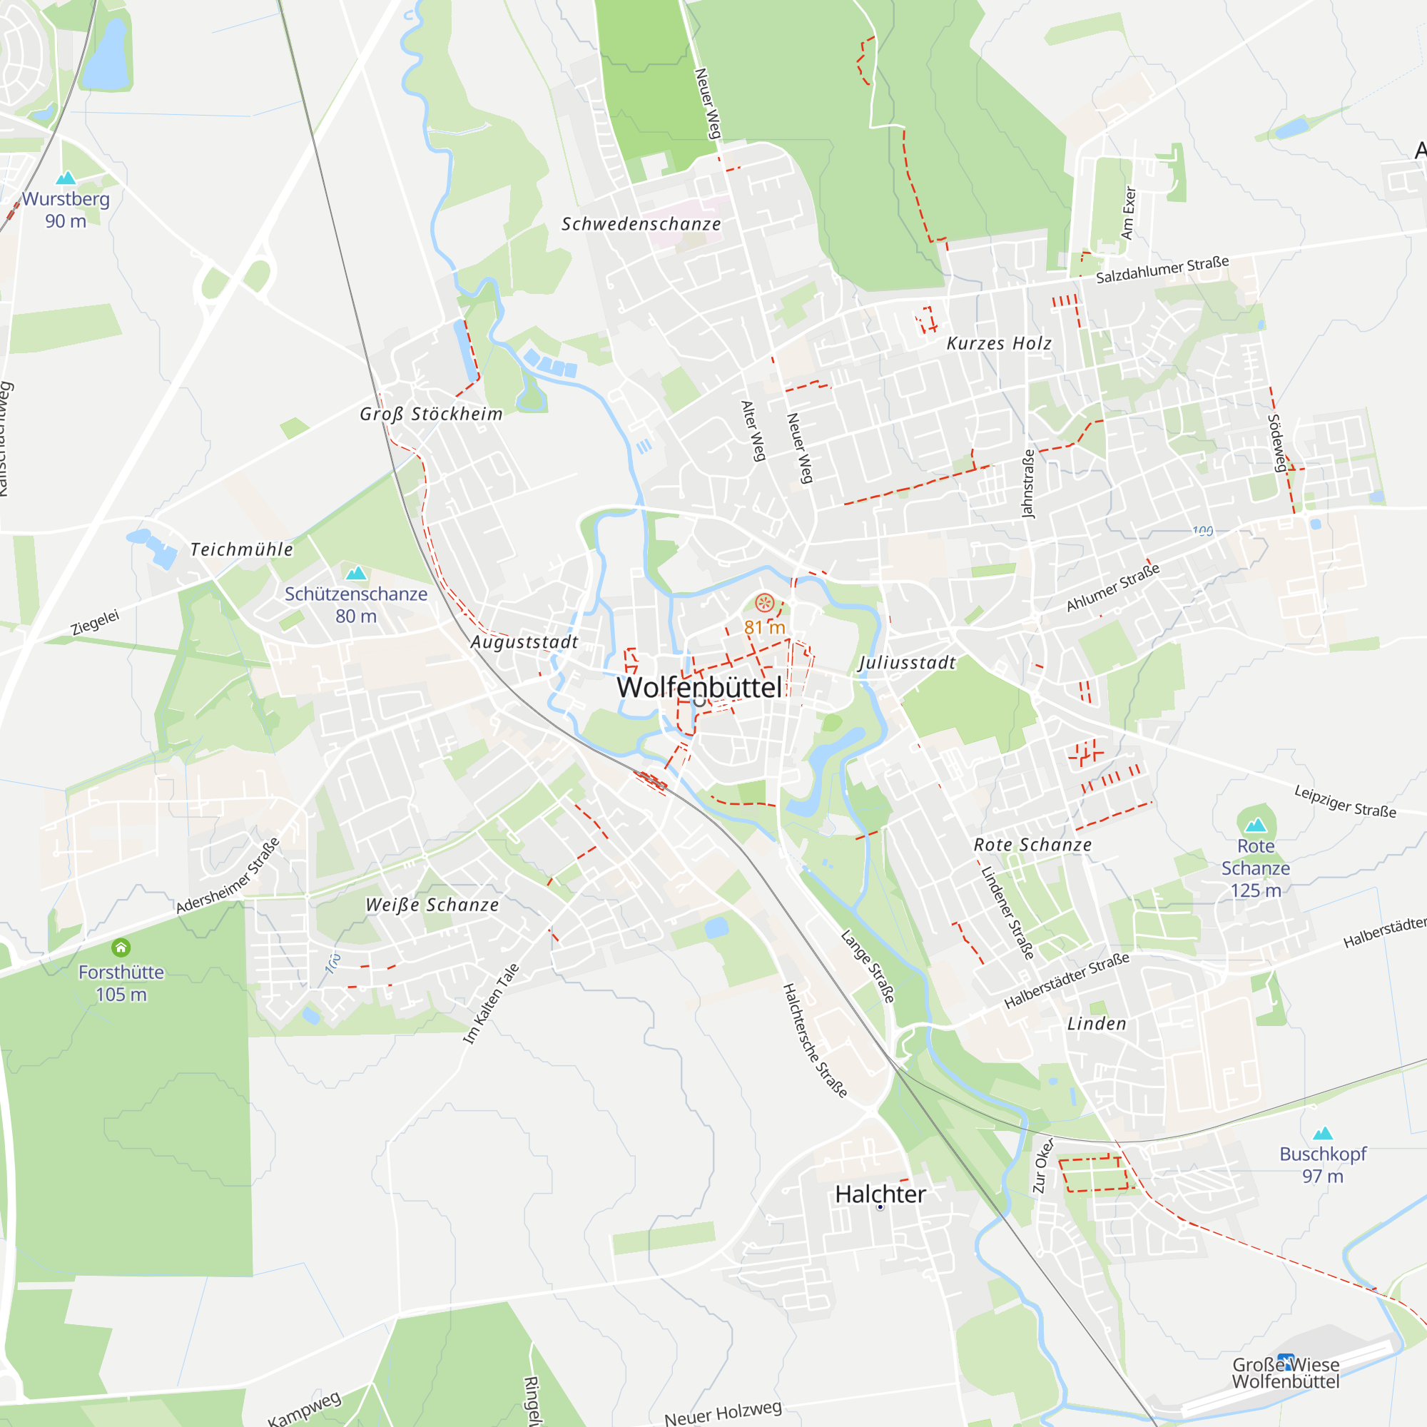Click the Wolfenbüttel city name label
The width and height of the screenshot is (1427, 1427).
coord(699,688)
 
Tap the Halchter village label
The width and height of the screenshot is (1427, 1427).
coord(880,1194)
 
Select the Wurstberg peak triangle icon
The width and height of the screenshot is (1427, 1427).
coord(66,178)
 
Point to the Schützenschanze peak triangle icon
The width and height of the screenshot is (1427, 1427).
coord(356,573)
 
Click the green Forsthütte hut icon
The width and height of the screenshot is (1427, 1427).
coord(121,948)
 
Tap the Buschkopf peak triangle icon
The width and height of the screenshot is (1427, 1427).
coord(1323,1134)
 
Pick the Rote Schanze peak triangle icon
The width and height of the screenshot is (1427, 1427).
coord(1256,825)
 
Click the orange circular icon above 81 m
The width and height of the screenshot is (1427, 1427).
coord(764,603)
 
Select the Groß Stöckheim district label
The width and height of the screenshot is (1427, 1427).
coord(432,415)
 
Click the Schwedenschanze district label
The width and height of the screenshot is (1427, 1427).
coord(641,225)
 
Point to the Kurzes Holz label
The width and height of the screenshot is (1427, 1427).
coord(1000,343)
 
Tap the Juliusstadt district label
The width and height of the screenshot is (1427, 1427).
coord(907,664)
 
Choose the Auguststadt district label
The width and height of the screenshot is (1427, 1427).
coord(524,643)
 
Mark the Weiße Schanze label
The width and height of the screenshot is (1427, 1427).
coord(432,905)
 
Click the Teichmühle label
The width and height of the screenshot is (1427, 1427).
coord(242,549)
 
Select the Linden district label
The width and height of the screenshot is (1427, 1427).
coord(1097,1025)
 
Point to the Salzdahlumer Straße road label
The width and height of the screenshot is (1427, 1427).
coord(1162,270)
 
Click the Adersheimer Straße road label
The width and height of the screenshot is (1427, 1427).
coord(228,876)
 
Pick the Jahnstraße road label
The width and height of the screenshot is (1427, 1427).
coord(1027,484)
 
